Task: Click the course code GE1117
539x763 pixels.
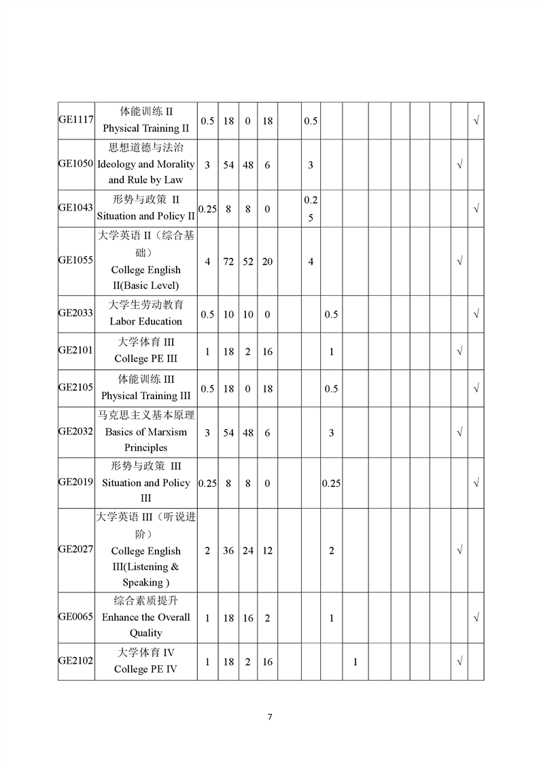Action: [x=75, y=119]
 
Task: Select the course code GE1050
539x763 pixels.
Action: [x=75, y=165]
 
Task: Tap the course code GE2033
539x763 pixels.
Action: [x=75, y=313]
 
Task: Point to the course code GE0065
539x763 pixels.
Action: [x=75, y=617]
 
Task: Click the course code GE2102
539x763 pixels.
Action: [x=75, y=660]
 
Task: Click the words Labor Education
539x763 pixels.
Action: [x=145, y=321]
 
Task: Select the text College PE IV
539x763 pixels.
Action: [x=145, y=669]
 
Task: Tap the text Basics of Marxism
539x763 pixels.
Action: [x=145, y=432]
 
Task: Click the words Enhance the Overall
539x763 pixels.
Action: [x=145, y=617]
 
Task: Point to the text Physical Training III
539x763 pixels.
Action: [x=145, y=396]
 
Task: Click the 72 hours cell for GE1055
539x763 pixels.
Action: [x=228, y=262]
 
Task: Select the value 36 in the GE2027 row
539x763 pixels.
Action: [x=228, y=551]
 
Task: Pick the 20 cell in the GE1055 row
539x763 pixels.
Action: [x=267, y=262]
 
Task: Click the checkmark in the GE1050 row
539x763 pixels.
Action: [x=459, y=165]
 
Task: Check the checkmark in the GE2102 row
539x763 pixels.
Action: [x=459, y=661]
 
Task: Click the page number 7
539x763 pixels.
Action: [x=270, y=717]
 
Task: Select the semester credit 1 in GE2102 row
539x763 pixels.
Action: [x=355, y=661]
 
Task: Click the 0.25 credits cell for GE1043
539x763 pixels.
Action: [x=207, y=209]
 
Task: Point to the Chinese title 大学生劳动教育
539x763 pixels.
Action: [x=145, y=305]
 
